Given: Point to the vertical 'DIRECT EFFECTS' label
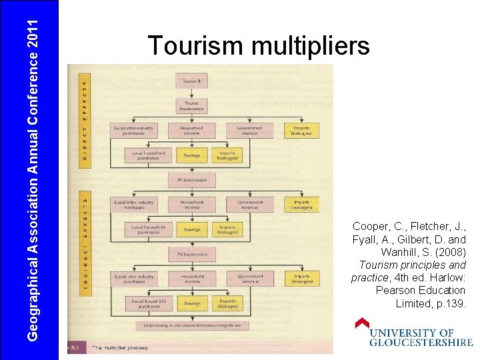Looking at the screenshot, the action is [84, 117].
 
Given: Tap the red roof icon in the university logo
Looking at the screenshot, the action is [362, 323].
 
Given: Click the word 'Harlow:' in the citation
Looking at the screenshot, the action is [448, 278].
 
